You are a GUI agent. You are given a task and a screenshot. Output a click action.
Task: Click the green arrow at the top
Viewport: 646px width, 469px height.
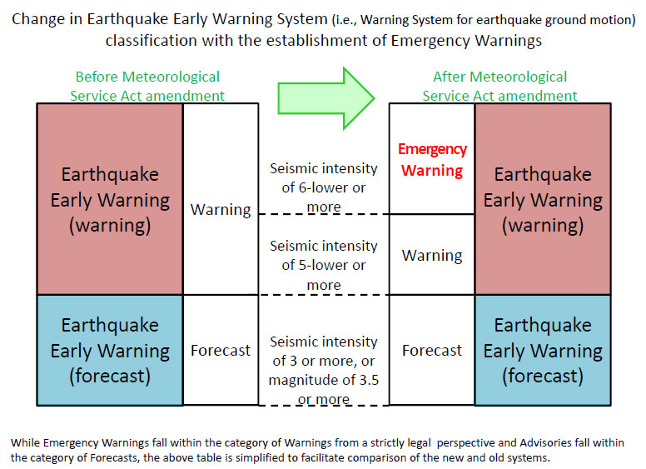(325, 98)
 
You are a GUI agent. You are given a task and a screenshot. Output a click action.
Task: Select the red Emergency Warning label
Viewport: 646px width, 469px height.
(432, 160)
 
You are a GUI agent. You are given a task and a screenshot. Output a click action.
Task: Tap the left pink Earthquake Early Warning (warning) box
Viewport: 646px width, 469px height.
(110, 200)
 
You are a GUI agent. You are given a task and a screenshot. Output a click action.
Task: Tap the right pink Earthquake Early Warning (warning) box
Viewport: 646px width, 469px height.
(543, 200)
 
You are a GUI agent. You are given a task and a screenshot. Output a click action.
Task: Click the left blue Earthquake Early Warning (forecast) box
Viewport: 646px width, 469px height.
(110, 350)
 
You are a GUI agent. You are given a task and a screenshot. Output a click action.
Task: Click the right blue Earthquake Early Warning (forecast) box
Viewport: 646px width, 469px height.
(543, 350)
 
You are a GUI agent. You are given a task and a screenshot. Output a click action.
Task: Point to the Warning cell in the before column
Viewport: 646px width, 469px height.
(221, 209)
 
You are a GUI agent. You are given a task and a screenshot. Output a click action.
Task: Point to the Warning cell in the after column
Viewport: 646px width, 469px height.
(432, 255)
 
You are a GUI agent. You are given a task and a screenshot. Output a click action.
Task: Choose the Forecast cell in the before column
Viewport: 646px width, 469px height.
(221, 351)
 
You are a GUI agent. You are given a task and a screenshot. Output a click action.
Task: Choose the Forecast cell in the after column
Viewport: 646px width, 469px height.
(432, 351)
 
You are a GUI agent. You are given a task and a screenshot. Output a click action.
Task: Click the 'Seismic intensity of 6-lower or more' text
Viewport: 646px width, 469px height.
(324, 187)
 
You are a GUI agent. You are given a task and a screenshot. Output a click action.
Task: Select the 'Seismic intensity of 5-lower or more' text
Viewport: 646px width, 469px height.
(324, 265)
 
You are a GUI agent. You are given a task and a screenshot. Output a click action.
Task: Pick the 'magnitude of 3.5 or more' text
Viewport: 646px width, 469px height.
(323, 390)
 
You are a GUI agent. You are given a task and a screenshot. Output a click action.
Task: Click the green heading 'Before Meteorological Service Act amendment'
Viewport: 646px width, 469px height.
(147, 86)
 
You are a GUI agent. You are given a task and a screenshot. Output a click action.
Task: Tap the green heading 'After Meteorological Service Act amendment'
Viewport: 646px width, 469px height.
(499, 86)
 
